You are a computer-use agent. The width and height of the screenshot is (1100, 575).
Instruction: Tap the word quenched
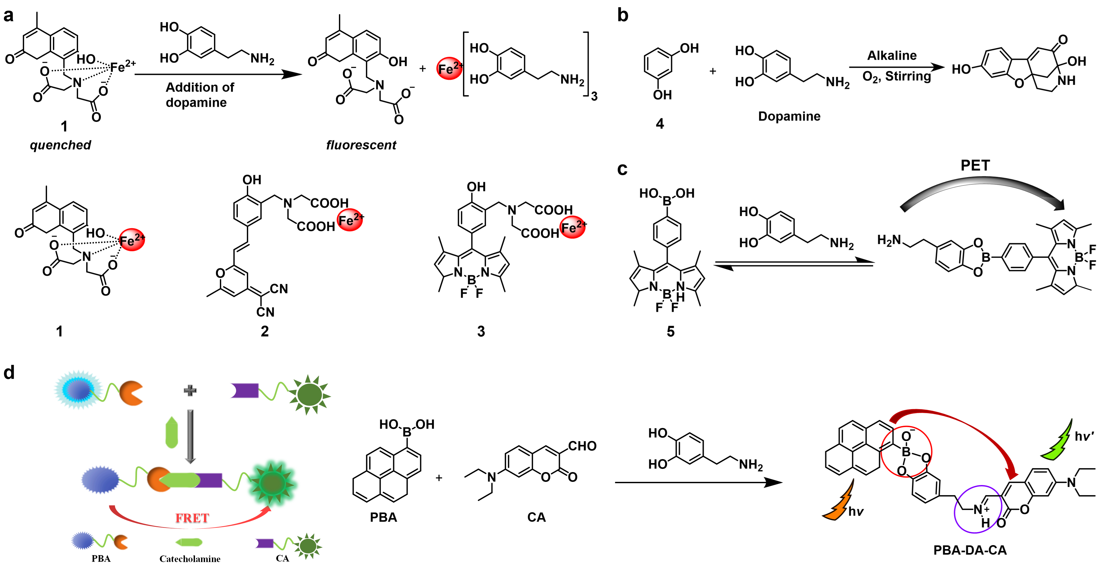pyautogui.click(x=60, y=145)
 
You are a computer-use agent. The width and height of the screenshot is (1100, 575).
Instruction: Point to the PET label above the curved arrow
pyautogui.click(x=975, y=165)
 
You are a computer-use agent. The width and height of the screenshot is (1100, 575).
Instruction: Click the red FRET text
pyautogui.click(x=192, y=518)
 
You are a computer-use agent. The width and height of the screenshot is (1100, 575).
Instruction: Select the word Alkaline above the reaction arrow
pyautogui.click(x=892, y=56)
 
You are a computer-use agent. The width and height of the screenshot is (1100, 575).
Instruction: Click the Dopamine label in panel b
pyautogui.click(x=789, y=116)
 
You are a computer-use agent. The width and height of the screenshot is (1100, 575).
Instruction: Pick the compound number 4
pyautogui.click(x=660, y=124)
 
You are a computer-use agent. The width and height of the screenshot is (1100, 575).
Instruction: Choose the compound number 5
pyautogui.click(x=670, y=332)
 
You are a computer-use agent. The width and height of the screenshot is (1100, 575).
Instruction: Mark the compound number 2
pyautogui.click(x=265, y=332)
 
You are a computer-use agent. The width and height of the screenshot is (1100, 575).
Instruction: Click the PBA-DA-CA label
pyautogui.click(x=970, y=550)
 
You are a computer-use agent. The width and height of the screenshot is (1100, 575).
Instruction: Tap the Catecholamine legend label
pyautogui.click(x=190, y=559)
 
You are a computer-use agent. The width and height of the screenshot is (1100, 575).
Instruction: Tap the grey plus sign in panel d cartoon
pyautogui.click(x=190, y=390)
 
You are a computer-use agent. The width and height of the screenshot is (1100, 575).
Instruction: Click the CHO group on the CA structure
pyautogui.click(x=582, y=446)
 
